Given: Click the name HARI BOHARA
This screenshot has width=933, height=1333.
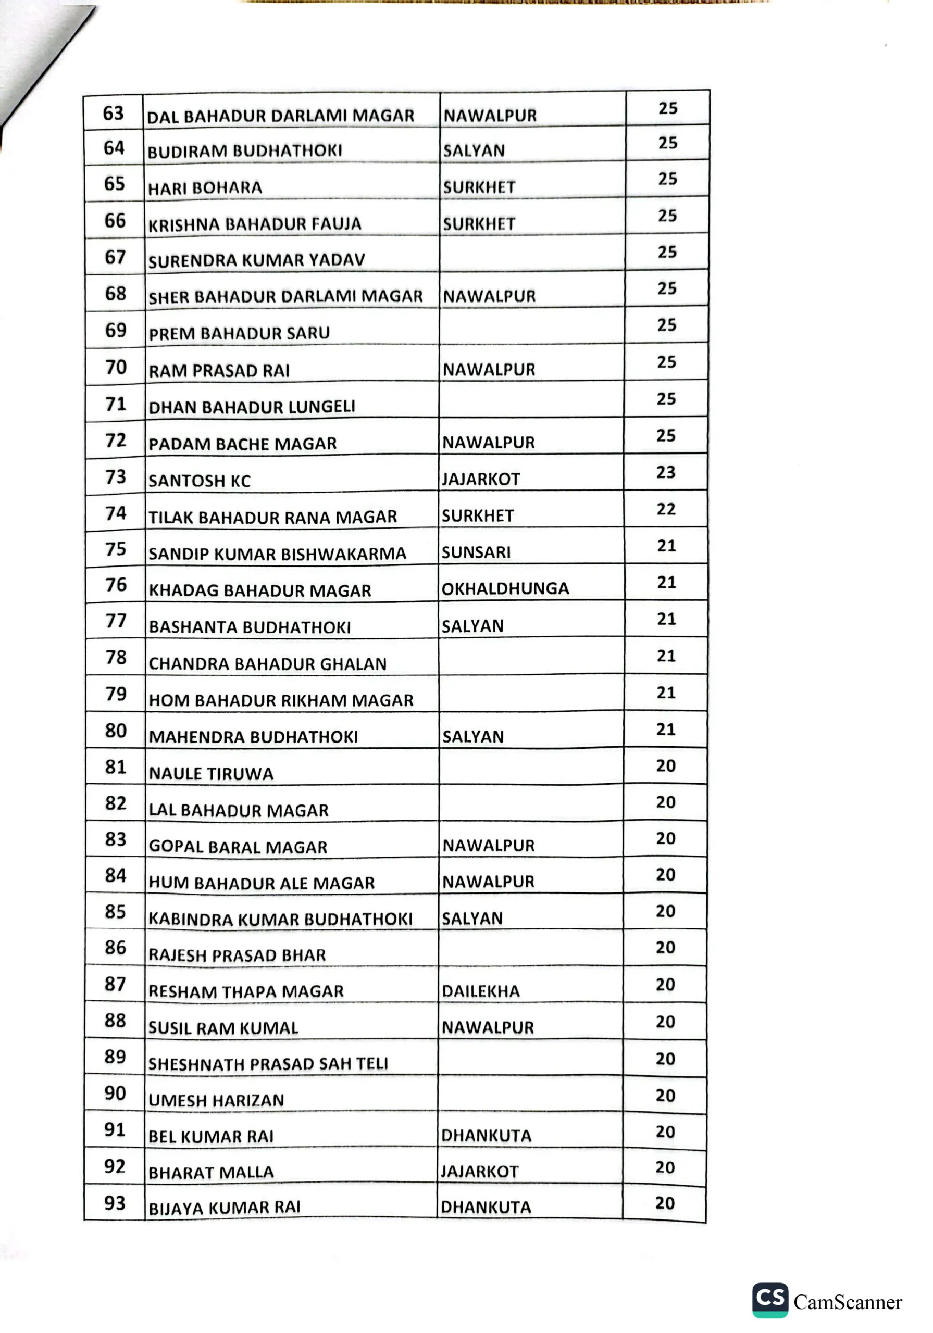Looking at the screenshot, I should pyautogui.click(x=205, y=188).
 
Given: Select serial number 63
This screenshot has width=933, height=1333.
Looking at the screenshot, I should pyautogui.click(x=113, y=112).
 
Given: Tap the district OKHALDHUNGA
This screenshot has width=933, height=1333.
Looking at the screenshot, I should pyautogui.click(x=505, y=589).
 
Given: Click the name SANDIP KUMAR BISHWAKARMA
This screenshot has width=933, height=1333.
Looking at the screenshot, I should pyautogui.click(x=277, y=554).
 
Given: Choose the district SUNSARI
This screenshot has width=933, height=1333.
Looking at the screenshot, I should pyautogui.click(x=476, y=552).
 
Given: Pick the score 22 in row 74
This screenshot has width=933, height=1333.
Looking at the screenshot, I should pyautogui.click(x=666, y=509).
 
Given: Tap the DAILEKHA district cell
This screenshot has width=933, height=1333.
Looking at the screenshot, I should pyautogui.click(x=480, y=991).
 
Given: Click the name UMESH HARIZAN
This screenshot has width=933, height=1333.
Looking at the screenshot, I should pyautogui.click(x=216, y=1100).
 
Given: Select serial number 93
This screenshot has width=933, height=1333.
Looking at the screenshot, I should pyautogui.click(x=115, y=1202).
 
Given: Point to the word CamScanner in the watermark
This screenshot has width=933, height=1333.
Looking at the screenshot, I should pyautogui.click(x=848, y=1302).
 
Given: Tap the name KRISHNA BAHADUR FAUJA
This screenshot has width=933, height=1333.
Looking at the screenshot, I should pyautogui.click(x=254, y=224).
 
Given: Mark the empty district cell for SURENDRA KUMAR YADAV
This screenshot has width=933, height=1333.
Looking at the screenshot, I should pyautogui.click(x=531, y=254).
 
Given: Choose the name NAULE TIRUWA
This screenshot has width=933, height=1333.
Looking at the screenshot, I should pyautogui.click(x=211, y=773).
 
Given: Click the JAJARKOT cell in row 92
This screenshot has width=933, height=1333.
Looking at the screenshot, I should pyautogui.click(x=479, y=1171).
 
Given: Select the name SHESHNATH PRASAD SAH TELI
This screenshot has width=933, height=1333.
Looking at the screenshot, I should pyautogui.click(x=268, y=1064).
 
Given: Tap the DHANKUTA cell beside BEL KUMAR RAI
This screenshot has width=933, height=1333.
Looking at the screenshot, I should pyautogui.click(x=486, y=1136).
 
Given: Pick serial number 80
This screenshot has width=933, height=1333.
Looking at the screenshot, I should pyautogui.click(x=116, y=731).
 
